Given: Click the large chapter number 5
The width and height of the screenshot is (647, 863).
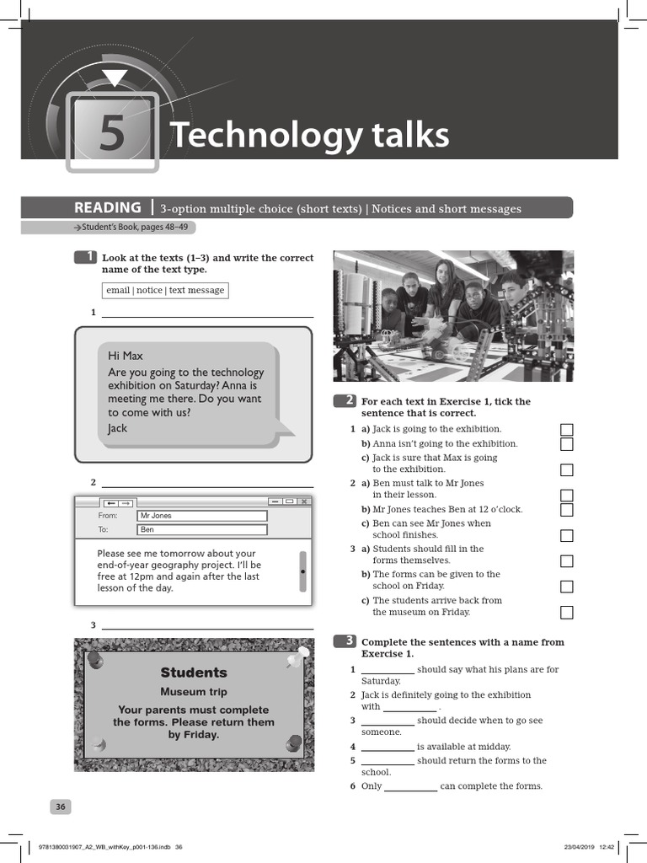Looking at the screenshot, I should (x=111, y=135).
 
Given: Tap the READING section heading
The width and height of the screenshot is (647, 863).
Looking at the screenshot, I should (x=108, y=208).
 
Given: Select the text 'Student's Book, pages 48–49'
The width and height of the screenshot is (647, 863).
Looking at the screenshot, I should (x=134, y=228).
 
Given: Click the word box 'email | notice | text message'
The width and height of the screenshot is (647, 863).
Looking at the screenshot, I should (x=165, y=290).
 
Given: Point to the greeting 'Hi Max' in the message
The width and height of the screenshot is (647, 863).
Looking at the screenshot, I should (x=126, y=356).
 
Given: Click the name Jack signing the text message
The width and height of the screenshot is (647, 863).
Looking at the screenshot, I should (x=117, y=428).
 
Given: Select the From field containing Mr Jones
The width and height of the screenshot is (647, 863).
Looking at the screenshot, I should (x=202, y=516).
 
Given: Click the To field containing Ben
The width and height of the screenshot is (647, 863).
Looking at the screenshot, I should (x=202, y=530).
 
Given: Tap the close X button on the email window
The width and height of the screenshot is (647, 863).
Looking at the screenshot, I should (x=303, y=501).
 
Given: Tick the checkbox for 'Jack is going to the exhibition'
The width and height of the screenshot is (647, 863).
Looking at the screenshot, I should (x=567, y=430).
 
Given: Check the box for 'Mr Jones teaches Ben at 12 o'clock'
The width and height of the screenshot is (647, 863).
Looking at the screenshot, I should (x=567, y=510).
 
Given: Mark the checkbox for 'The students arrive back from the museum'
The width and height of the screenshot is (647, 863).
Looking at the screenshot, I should (x=567, y=612).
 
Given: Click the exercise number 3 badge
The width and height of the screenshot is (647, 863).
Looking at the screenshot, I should (x=345, y=641).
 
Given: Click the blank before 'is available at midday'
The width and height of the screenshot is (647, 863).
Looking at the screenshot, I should (x=388, y=747).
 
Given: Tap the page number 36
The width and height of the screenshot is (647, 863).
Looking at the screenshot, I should (x=61, y=807).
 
